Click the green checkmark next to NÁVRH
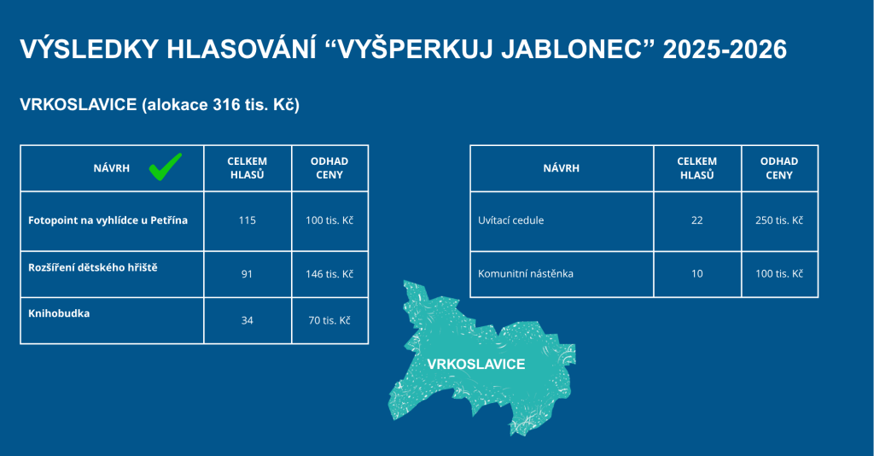point(165,167)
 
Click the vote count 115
point(247,220)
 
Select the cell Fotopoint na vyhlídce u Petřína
point(108,220)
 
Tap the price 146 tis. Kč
point(329,274)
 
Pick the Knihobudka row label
point(59,313)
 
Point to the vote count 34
point(247,320)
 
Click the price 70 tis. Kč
point(329,320)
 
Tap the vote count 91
point(247,274)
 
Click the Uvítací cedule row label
point(510,220)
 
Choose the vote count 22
point(696,220)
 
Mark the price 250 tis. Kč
point(779,220)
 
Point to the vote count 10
point(696,274)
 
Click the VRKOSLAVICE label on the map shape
point(476,364)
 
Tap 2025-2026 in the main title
point(725,49)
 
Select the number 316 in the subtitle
point(226,104)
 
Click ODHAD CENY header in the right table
point(779,167)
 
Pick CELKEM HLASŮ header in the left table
point(247,167)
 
